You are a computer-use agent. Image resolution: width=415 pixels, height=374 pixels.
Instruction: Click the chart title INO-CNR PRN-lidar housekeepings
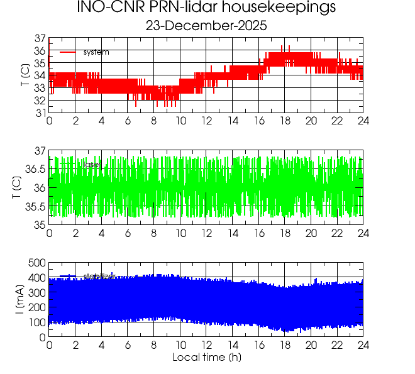(206, 8)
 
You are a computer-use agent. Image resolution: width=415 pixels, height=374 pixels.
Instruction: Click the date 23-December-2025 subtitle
(206, 26)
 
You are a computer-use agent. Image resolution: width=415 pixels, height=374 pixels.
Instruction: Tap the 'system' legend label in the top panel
(96, 52)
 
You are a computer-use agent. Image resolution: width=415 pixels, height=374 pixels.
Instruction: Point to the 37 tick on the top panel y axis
(38, 39)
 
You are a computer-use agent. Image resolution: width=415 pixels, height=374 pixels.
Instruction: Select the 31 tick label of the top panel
(38, 113)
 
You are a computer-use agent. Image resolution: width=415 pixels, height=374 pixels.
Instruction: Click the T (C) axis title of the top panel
(25, 75)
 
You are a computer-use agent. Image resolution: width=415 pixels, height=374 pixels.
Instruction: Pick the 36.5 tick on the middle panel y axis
(35, 170)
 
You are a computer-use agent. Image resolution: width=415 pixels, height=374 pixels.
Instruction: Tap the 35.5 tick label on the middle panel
(35, 207)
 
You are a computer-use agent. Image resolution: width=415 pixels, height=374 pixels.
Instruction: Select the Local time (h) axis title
(206, 358)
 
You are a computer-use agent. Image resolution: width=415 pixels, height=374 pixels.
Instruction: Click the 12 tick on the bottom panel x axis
(206, 345)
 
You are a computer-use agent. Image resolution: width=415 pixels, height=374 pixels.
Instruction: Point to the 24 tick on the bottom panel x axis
(363, 345)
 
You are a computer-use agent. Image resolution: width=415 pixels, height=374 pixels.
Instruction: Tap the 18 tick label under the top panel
(285, 121)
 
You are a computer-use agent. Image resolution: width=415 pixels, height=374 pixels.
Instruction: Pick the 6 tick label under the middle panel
(128, 233)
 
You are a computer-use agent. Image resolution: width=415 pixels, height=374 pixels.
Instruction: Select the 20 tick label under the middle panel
(311, 233)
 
